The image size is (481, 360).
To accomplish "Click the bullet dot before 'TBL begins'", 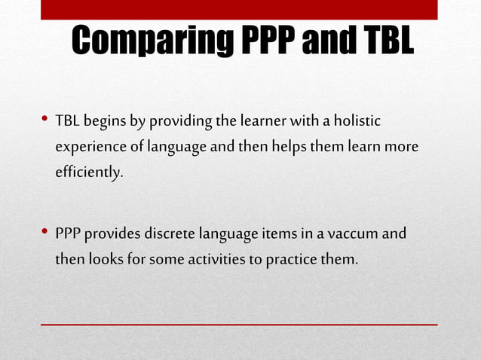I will click(45, 120).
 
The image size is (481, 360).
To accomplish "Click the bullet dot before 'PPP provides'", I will click(45, 233).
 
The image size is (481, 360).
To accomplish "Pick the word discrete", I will click(171, 234).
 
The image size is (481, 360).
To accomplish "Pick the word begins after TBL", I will click(106, 121).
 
